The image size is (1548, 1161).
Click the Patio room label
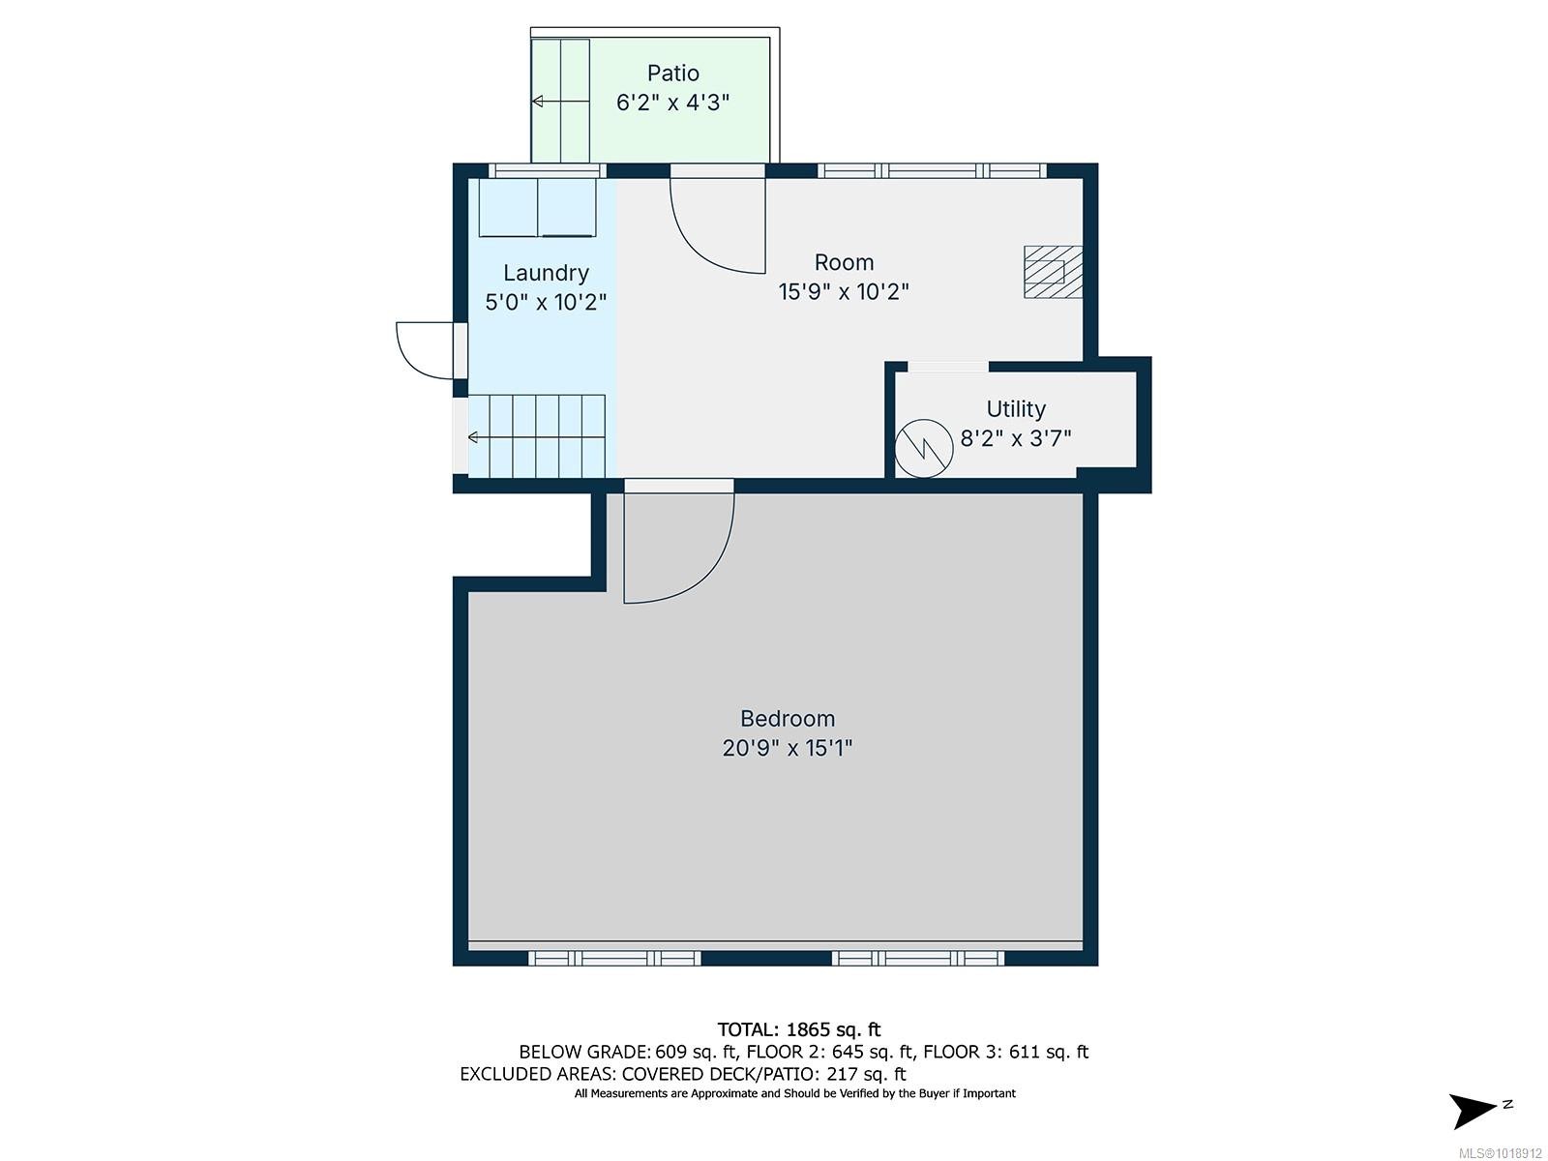click(x=672, y=74)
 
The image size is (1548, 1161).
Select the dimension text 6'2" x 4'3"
click(x=672, y=102)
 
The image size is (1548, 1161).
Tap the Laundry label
click(x=546, y=273)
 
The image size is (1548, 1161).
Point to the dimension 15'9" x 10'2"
click(x=844, y=291)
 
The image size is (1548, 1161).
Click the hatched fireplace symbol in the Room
click(x=1053, y=272)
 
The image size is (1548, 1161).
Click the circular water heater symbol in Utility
click(x=923, y=449)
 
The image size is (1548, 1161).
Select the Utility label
click(x=1015, y=409)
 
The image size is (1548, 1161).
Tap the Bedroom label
click(x=787, y=719)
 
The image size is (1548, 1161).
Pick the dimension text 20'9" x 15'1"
click(x=787, y=748)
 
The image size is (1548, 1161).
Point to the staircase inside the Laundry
click(x=537, y=436)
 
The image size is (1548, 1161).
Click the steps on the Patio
click(x=560, y=101)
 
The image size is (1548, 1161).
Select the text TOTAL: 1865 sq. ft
click(x=798, y=1029)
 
